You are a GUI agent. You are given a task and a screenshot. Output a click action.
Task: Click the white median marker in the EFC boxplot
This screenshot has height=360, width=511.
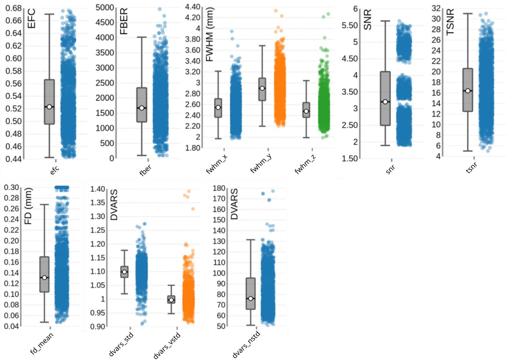[x=49, y=107]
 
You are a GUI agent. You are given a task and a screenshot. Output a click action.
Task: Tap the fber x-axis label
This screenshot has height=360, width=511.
[x=145, y=169]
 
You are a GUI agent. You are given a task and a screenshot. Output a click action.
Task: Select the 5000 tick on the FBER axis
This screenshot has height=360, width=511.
[x=105, y=7]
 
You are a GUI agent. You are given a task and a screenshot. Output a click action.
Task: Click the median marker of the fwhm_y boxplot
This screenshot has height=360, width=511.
[x=262, y=88]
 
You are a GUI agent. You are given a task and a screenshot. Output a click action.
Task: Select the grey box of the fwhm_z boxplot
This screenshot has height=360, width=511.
[x=306, y=110]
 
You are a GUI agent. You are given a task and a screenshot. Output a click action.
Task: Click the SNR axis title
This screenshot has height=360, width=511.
[x=367, y=20]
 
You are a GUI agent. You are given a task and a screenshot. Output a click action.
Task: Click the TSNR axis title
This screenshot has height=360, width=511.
[x=450, y=22]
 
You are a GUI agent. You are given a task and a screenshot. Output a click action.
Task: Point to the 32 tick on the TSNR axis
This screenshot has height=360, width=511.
[x=436, y=8]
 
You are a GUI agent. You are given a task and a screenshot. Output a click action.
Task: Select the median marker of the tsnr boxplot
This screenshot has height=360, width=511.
[x=468, y=91]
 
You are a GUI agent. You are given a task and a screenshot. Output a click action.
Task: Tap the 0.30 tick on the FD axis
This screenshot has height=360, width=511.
[x=12, y=187]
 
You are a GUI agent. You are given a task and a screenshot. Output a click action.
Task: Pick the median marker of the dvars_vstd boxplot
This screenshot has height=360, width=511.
[x=171, y=300]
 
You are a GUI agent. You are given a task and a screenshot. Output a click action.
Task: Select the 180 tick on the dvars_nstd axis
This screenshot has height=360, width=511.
[x=219, y=188]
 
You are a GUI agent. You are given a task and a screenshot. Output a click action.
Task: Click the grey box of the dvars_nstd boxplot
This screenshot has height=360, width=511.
[x=251, y=294]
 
